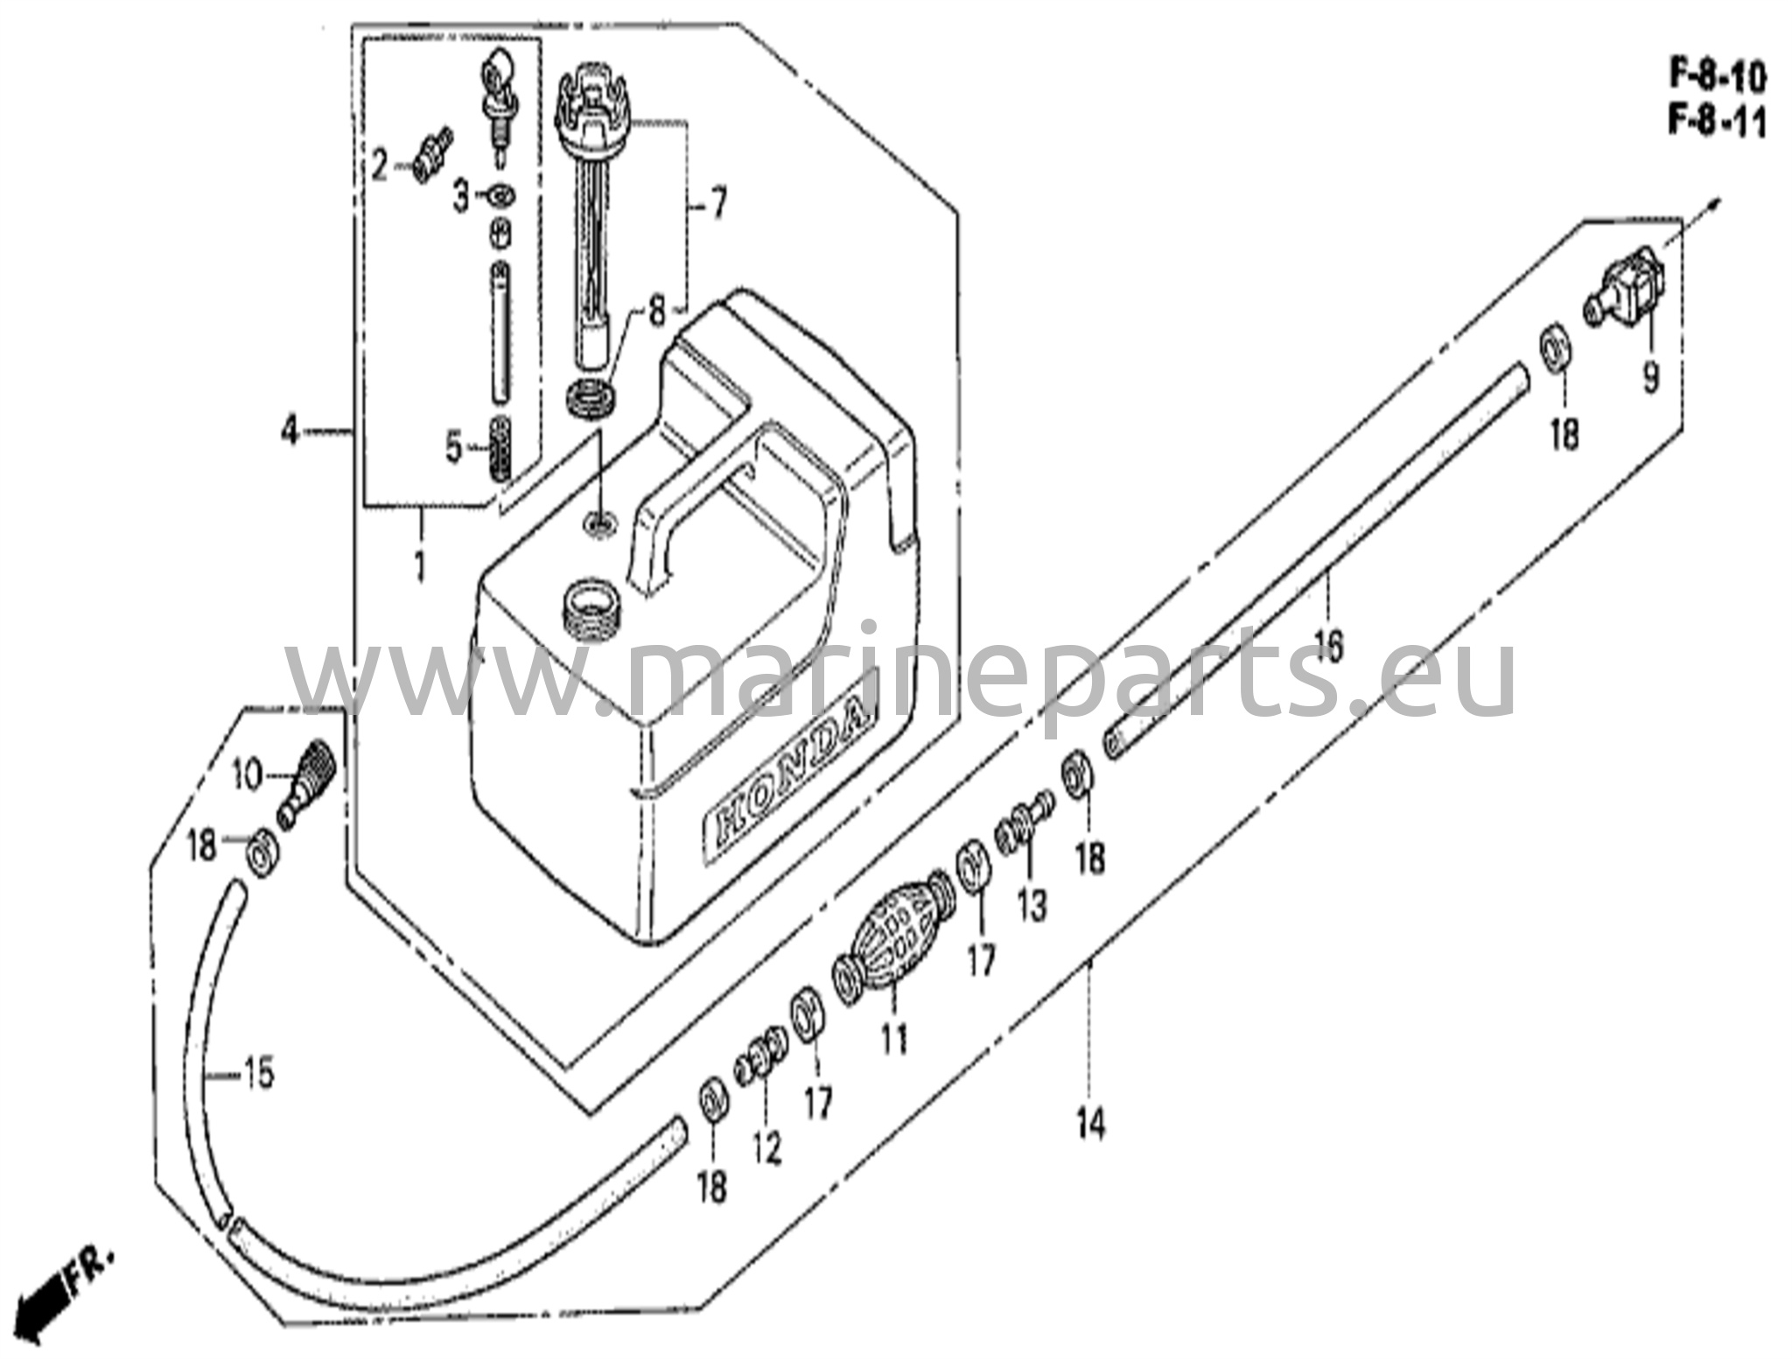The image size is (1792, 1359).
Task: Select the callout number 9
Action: pos(1650,378)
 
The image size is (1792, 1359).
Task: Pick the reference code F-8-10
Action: pos(1718,79)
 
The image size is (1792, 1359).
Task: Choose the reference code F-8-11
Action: pos(1718,123)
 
